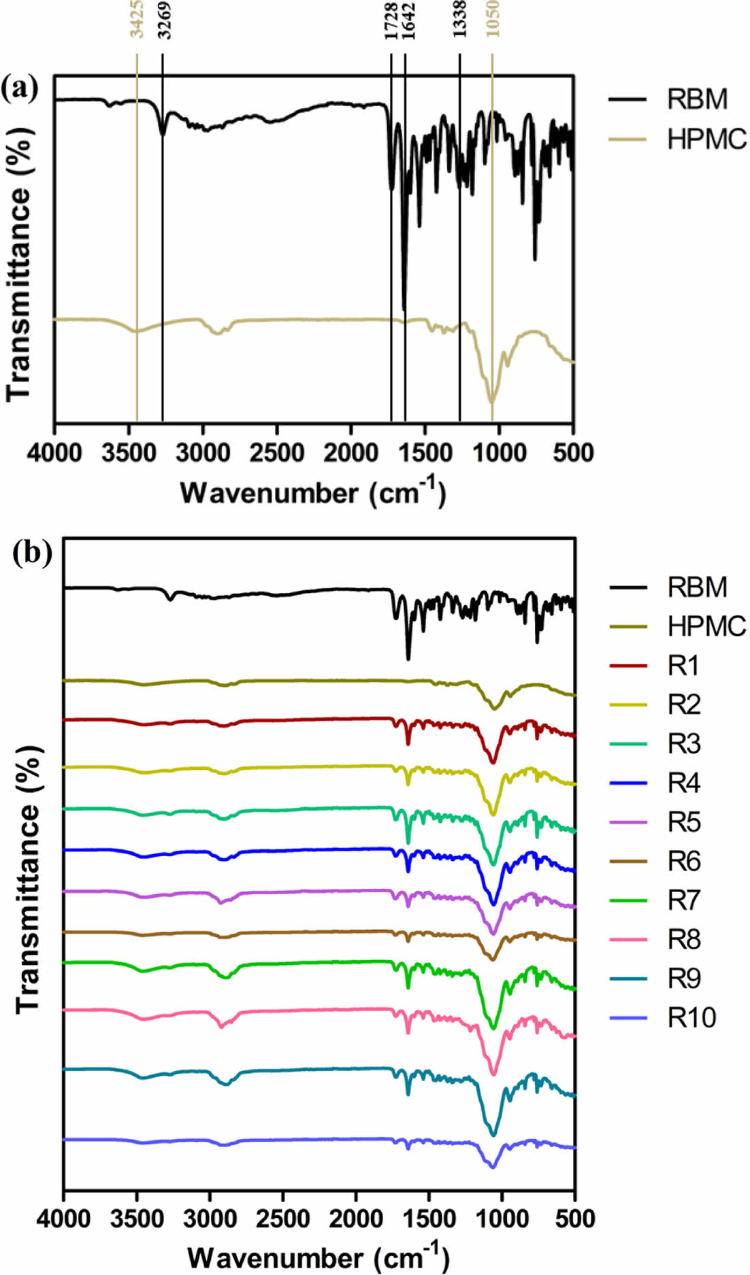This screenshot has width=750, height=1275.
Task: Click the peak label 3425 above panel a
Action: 137,20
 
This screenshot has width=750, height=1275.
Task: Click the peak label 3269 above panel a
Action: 163,20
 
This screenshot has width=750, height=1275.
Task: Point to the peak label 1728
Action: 392,20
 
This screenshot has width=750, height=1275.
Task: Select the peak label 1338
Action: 461,20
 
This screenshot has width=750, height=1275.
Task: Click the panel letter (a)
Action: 20,88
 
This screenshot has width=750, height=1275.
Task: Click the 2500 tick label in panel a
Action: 277,452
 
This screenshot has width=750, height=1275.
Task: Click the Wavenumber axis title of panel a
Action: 312,491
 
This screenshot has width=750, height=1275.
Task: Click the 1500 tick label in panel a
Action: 425,452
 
